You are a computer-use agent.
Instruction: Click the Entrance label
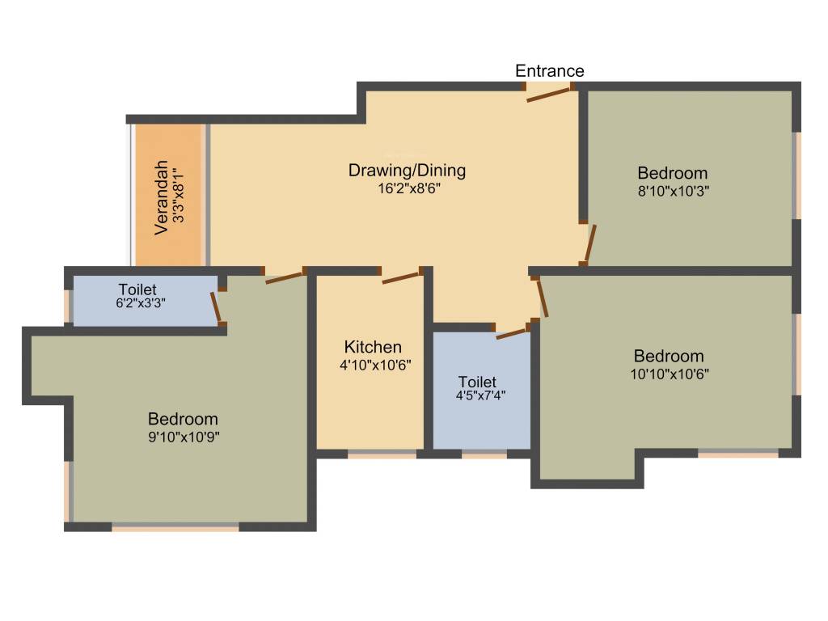pos(550,71)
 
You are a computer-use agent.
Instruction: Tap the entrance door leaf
pos(550,94)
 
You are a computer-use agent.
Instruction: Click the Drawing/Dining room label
pos(407,171)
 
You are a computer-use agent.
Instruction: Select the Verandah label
pos(163,196)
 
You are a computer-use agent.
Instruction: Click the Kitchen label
pos(373,347)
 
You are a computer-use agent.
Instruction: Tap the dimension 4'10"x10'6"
pos(375,365)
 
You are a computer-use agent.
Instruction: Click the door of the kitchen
pos(400,277)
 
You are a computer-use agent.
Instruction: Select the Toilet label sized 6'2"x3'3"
pos(137,289)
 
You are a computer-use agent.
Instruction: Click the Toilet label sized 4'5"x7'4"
pos(477,382)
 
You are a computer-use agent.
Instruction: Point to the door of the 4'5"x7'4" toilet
pos(511,332)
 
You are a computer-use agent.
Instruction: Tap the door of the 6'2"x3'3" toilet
pos(216,306)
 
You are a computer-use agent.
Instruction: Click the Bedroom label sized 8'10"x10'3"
pos(672,173)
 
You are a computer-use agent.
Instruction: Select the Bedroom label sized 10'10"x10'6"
pos(669,356)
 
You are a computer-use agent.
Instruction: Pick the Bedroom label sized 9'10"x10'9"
pos(183,419)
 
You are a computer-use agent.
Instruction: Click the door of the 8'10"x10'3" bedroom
pos(590,243)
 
